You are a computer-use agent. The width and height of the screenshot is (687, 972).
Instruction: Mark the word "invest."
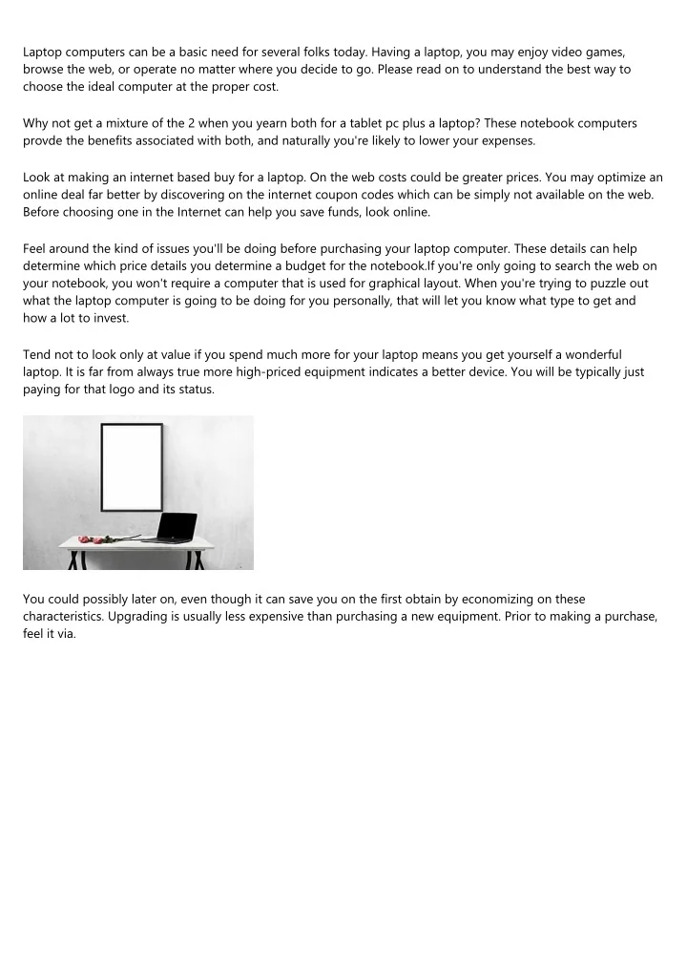(108, 318)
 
